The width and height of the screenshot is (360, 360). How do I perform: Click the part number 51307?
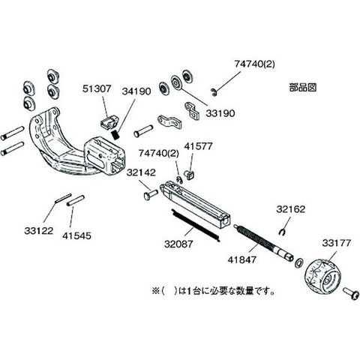[97, 88]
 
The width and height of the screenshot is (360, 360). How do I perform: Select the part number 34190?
[136, 91]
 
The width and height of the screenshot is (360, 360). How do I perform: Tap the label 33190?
[220, 113]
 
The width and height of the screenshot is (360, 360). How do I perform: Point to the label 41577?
[198, 146]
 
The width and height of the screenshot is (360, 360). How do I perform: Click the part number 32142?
[141, 172]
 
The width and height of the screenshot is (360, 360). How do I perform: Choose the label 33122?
[39, 231]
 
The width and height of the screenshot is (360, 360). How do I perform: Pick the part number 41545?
[76, 235]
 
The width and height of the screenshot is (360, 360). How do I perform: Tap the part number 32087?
[178, 244]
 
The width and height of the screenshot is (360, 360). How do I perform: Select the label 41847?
[242, 259]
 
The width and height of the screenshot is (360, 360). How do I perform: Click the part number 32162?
[291, 209]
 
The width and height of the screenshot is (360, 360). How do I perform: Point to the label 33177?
[337, 243]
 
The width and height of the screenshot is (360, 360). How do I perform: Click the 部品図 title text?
[303, 88]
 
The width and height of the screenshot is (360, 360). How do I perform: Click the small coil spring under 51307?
[115, 135]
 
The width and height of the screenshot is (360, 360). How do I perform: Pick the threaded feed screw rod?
[263, 243]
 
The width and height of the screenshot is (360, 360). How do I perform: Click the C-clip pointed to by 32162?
[282, 232]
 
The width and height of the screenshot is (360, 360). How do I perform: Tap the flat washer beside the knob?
[298, 263]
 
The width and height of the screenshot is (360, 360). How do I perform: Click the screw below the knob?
[351, 294]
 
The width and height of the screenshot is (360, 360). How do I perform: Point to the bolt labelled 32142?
[151, 194]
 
